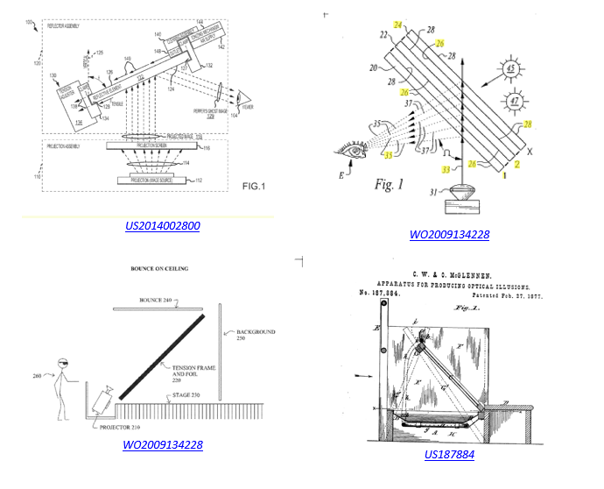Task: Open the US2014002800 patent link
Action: (x=163, y=226)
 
